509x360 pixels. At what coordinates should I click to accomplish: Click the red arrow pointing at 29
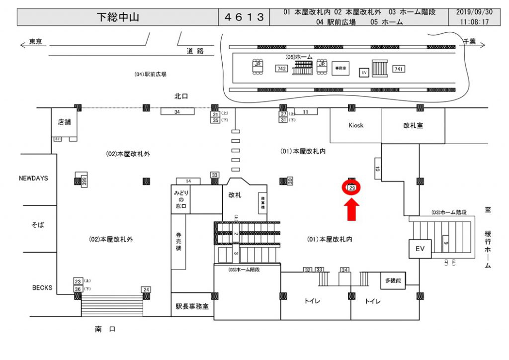click(x=351, y=208)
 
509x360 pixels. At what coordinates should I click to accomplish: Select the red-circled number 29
click(x=351, y=188)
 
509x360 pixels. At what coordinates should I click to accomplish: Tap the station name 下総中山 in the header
click(x=117, y=17)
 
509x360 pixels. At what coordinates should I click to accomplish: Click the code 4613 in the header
click(x=244, y=17)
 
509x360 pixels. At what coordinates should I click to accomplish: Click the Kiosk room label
click(x=355, y=125)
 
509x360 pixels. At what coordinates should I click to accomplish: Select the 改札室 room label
click(x=413, y=126)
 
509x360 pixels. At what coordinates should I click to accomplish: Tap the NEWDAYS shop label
click(x=33, y=178)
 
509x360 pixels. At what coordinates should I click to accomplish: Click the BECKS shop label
click(x=42, y=288)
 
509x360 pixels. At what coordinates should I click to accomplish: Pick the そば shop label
click(x=38, y=225)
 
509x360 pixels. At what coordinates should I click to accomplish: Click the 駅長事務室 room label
click(x=192, y=306)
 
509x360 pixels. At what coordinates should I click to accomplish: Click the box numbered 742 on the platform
click(x=281, y=69)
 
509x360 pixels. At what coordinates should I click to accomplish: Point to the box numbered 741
click(x=398, y=69)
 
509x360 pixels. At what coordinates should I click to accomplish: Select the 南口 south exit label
click(x=105, y=329)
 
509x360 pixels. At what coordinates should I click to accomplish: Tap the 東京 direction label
click(x=35, y=42)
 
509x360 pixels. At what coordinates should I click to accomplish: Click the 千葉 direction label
click(x=469, y=42)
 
